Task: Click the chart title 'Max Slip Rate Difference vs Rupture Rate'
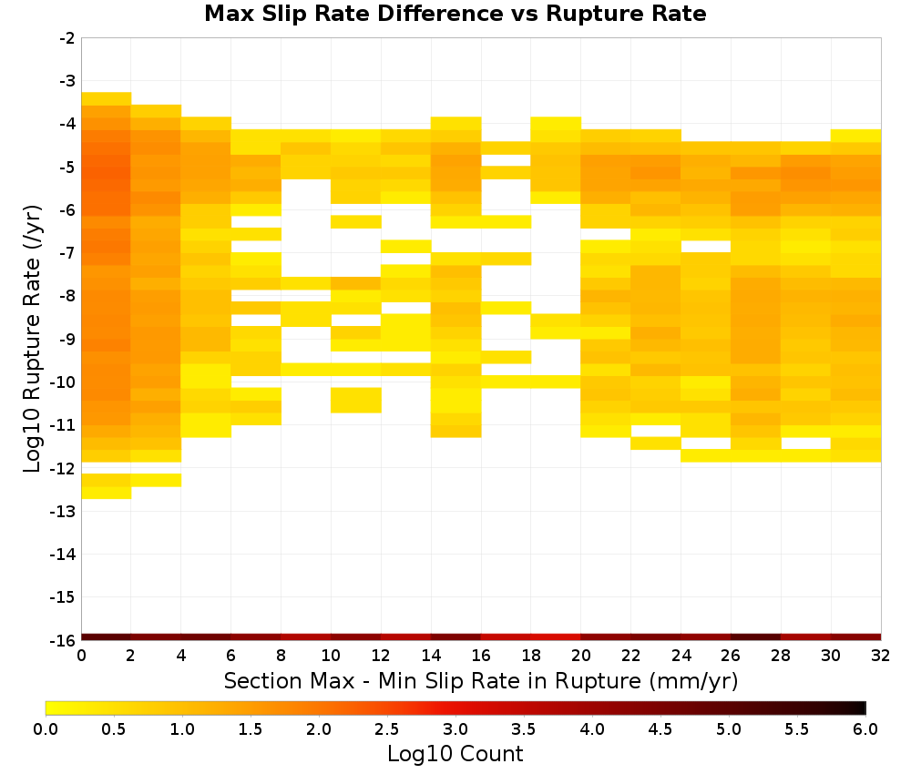tap(455, 14)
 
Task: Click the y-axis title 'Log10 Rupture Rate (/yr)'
tap(33, 339)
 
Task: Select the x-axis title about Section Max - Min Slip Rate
tap(480, 681)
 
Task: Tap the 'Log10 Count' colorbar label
tap(455, 754)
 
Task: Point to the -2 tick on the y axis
tap(67, 38)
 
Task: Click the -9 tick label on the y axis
tap(67, 339)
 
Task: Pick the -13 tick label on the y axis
tap(64, 511)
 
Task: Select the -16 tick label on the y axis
tap(64, 640)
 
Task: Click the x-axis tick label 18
tap(531, 656)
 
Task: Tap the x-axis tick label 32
tap(881, 656)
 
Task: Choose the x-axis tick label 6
tap(230, 656)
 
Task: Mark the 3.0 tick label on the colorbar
tap(455, 729)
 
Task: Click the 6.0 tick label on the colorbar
tap(865, 729)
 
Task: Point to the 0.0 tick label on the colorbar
tap(46, 729)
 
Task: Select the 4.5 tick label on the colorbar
tap(660, 729)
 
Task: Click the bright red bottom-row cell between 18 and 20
tap(556, 637)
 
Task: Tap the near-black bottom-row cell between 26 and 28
tap(756, 637)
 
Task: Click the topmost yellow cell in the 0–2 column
tap(107, 98)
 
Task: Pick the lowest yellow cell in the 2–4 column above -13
tap(157, 480)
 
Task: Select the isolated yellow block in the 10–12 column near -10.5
tap(356, 400)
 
